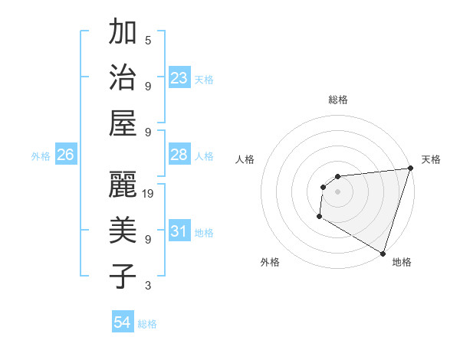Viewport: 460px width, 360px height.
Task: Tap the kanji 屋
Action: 123,122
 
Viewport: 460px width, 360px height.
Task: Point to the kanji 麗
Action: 123,184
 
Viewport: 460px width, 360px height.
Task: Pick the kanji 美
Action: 123,230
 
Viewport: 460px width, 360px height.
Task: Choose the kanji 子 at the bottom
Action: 123,275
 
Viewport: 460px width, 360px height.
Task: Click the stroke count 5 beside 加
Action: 148,41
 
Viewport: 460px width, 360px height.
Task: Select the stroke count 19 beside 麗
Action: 149,194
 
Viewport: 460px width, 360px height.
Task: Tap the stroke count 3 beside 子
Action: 148,286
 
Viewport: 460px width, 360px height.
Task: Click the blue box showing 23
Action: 179,78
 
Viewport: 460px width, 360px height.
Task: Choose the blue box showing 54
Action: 123,323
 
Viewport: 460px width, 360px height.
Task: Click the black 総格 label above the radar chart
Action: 337,100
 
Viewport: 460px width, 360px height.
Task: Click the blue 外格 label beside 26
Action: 41,156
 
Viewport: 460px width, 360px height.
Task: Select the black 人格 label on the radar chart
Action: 246,159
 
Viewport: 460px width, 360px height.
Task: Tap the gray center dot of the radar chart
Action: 337,191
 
